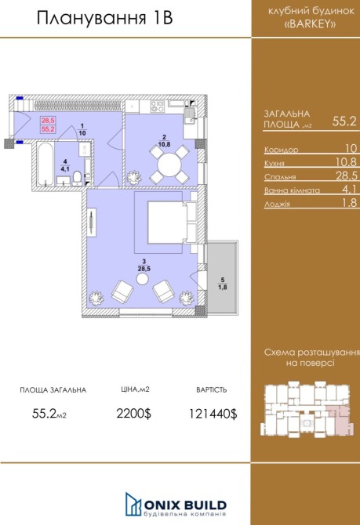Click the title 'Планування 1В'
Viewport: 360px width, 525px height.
pos(104,18)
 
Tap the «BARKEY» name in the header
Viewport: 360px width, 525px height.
pos(310,24)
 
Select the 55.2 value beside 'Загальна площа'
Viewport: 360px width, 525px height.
pos(344,121)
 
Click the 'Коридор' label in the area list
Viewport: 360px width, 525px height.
pos(281,150)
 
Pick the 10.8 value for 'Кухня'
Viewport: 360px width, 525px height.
pos(346,161)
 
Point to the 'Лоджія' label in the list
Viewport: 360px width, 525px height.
pos(277,204)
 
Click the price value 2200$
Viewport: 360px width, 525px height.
pos(134,414)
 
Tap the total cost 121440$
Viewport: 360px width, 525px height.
pos(213,414)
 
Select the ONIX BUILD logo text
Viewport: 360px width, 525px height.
pos(185,505)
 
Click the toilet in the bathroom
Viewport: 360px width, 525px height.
pos(78,179)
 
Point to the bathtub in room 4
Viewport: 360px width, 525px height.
pos(45,165)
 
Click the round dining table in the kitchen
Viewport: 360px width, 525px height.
pos(169,165)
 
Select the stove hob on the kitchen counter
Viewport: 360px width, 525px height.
pos(157,107)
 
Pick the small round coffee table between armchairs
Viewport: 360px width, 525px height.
pos(142,279)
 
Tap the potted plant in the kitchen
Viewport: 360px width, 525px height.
pos(134,177)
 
